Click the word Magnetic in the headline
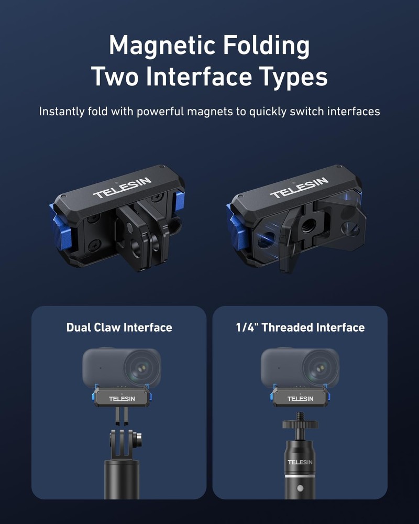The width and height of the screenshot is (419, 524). click(162, 46)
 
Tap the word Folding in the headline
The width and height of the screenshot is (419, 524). click(266, 46)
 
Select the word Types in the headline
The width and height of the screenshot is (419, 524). click(293, 78)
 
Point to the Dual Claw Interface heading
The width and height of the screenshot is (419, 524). click(119, 327)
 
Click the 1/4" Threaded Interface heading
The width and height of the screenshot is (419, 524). click(300, 327)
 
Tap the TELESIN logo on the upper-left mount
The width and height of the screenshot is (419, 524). click(122, 188)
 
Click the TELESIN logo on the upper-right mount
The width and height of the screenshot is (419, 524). click(299, 188)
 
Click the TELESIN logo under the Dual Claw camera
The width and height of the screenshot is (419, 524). click(122, 399)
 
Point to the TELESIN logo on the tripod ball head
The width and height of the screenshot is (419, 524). click(300, 462)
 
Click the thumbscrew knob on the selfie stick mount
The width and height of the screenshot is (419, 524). click(138, 440)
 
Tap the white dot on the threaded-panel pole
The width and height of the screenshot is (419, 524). click(300, 488)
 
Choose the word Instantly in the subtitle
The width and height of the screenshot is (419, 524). click(62, 112)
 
